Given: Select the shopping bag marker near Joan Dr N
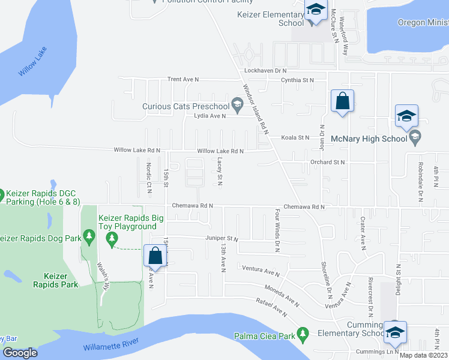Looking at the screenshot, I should click(x=342, y=101).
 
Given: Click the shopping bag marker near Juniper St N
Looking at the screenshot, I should click(x=155, y=256).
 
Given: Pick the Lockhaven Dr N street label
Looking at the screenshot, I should click(x=270, y=71).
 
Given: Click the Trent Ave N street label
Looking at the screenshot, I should click(x=182, y=79).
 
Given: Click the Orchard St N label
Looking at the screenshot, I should click(x=328, y=163).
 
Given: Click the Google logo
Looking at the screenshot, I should click(x=20, y=353).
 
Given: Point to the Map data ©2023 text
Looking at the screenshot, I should click(x=424, y=355).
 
